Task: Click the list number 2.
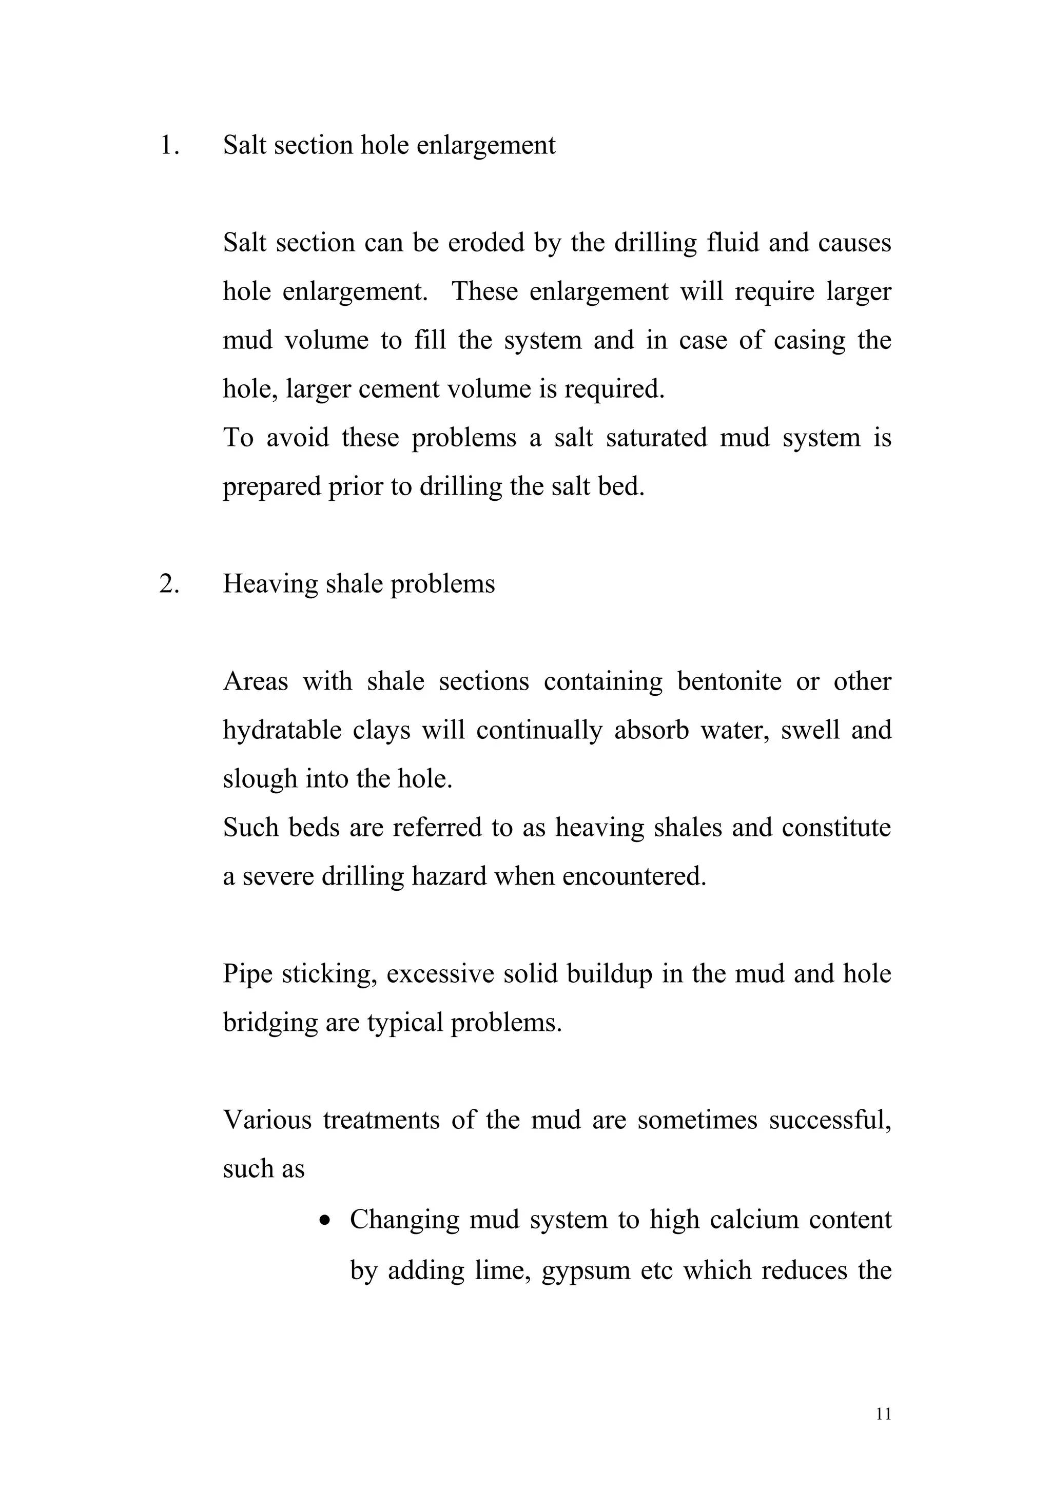click(168, 584)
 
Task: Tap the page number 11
click(883, 1432)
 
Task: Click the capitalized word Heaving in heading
click(269, 584)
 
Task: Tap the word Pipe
click(247, 974)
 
